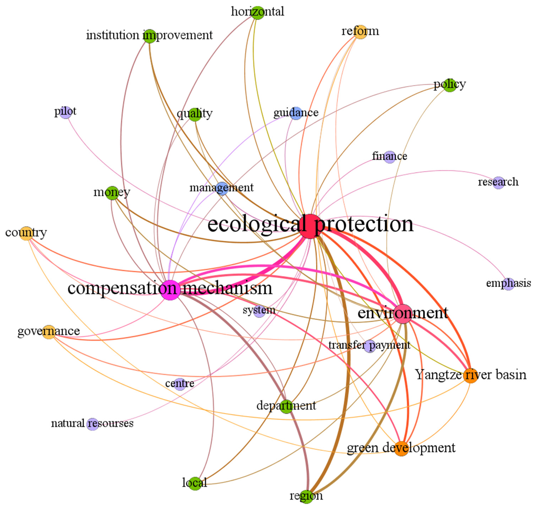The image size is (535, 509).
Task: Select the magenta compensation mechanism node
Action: (x=170, y=290)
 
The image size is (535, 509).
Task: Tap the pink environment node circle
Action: (x=403, y=313)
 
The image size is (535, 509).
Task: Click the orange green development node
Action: (x=401, y=449)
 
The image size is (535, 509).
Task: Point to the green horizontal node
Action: (x=257, y=13)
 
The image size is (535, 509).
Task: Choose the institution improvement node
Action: (x=149, y=36)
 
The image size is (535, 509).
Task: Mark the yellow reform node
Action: (x=360, y=32)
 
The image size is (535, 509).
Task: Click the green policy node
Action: (x=450, y=85)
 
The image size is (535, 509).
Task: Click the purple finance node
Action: (x=390, y=157)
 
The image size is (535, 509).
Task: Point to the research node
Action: (x=498, y=183)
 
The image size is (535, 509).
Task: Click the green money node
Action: (x=112, y=193)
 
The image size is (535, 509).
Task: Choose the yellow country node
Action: (x=26, y=233)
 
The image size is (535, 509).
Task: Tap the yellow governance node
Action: (x=49, y=332)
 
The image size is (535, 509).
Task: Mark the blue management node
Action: (x=222, y=188)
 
